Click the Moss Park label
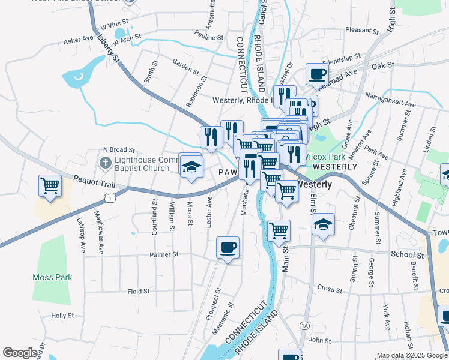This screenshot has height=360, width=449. (52, 277)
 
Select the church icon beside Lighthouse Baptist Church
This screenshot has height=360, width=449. (105, 163)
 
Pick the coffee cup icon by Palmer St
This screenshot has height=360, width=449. (228, 247)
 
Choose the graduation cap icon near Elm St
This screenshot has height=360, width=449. (323, 225)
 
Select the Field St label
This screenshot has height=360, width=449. (138, 292)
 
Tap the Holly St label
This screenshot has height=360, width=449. (62, 315)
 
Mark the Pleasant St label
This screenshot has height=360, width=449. (360, 29)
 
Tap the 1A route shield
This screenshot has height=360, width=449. (304, 326)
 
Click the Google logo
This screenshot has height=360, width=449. (20, 353)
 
